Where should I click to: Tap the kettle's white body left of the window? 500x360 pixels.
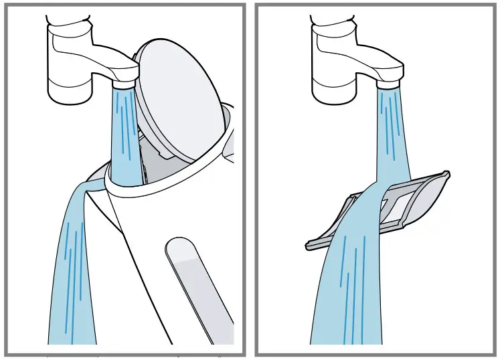(134, 268)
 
